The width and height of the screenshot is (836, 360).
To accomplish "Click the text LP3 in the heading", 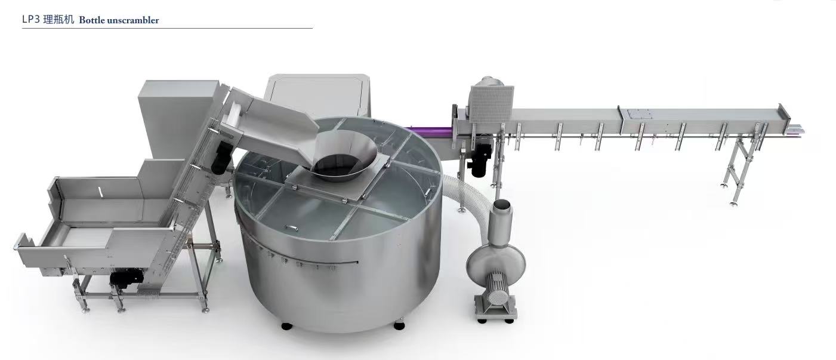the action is (x=31, y=20).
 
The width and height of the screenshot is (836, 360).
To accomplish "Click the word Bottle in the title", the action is (x=92, y=20).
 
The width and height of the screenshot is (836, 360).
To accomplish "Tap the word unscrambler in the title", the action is (x=133, y=20).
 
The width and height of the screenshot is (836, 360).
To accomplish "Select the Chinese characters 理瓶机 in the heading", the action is (x=58, y=20).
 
